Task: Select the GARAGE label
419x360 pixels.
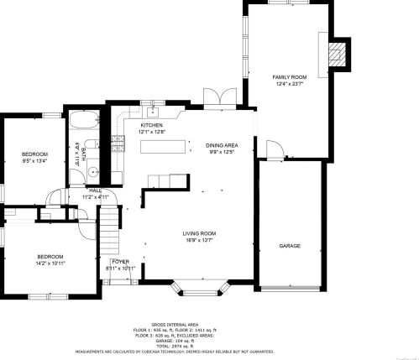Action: pos(290,246)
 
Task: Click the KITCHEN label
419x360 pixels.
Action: pos(151,125)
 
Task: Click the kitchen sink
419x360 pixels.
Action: pos(154,111)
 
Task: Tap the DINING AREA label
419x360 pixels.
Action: pos(221,145)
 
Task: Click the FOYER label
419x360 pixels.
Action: pos(121,262)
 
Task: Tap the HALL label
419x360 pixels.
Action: pos(97,190)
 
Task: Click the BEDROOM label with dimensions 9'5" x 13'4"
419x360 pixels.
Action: pos(34,154)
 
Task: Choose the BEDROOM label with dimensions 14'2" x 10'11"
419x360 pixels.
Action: pos(49,256)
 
